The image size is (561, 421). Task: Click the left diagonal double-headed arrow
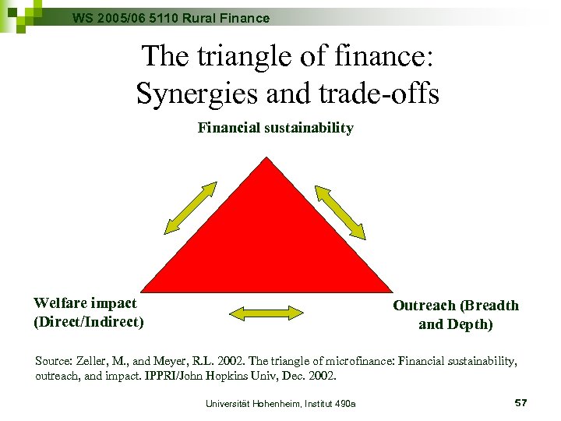(x=190, y=207)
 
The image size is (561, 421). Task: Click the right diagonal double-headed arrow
(x=340, y=211)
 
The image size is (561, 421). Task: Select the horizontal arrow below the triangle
(x=266, y=313)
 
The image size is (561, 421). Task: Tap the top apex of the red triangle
(x=267, y=161)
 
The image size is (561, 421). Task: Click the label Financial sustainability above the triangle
(x=275, y=128)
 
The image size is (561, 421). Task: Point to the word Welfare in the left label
(x=62, y=303)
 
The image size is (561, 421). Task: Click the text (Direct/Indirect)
(x=88, y=321)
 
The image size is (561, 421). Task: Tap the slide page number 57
(x=521, y=402)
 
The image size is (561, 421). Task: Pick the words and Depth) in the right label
(x=455, y=324)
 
